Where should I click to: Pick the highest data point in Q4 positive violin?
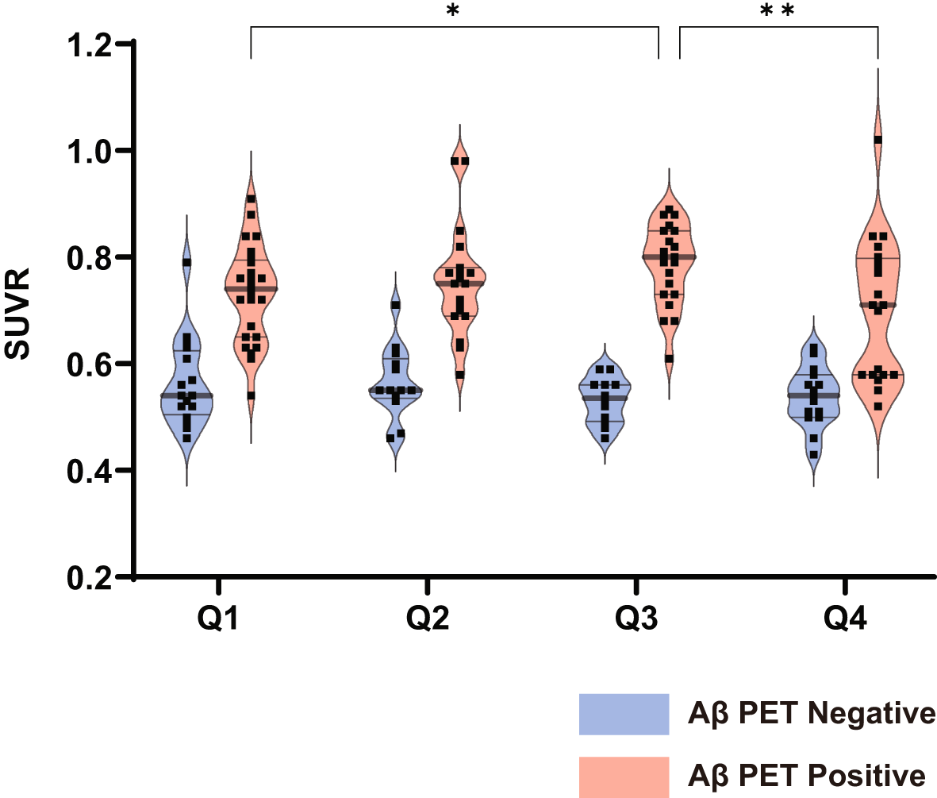877,140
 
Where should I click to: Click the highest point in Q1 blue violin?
186,262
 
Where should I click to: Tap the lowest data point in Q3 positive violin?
670,359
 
